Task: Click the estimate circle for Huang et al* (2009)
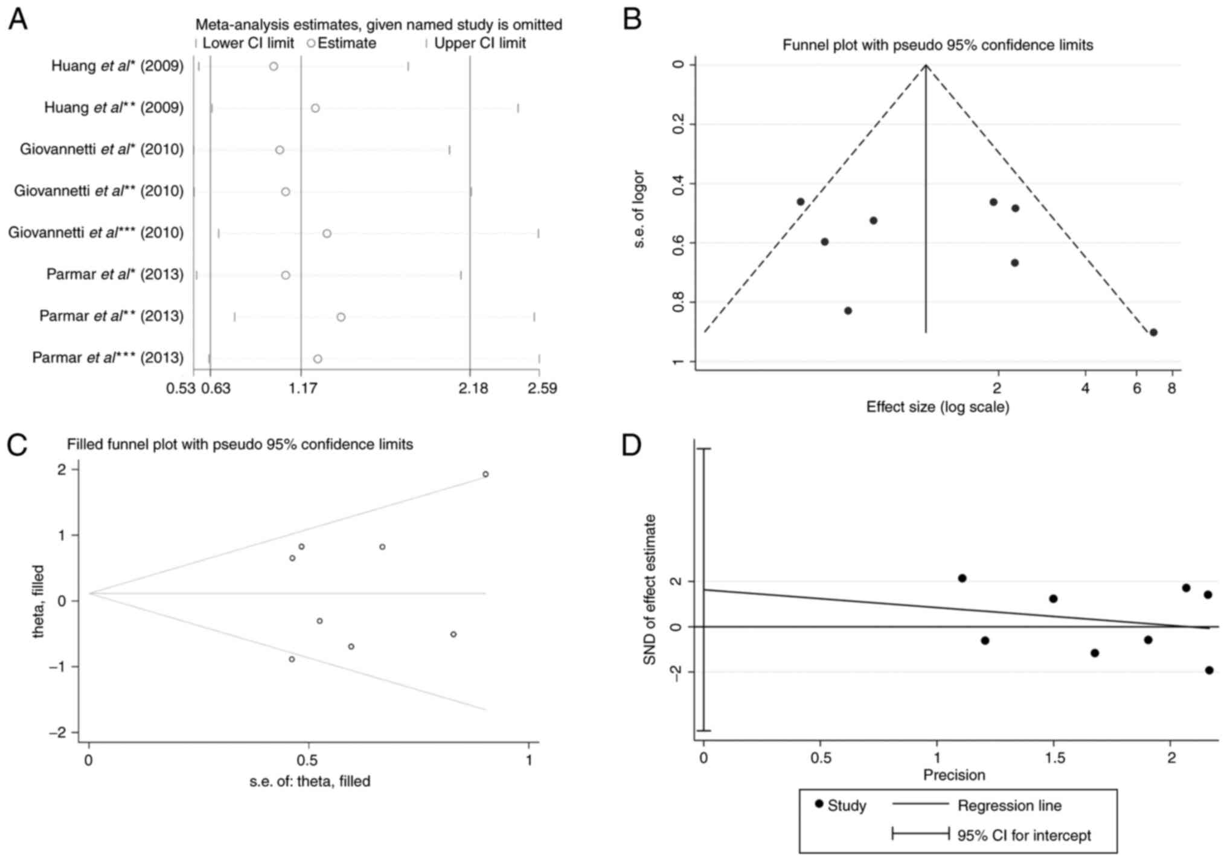coord(274,66)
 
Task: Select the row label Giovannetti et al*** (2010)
coord(95,233)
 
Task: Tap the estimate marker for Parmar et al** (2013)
coord(341,317)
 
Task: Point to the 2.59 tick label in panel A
coord(542,388)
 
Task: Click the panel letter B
coord(632,19)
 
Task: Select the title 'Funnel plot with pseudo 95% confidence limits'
coord(938,45)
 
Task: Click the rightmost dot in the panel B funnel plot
coord(1153,332)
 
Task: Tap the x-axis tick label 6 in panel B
coord(1137,388)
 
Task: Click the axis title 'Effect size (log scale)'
coord(938,407)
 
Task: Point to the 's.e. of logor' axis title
coord(639,210)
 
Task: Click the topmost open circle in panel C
coord(485,474)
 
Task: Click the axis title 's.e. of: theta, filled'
coord(310,781)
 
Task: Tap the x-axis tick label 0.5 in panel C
coord(309,760)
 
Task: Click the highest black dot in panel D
coord(962,578)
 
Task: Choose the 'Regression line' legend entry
coord(1009,805)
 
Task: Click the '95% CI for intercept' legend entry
coord(1024,836)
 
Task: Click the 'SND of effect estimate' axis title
coord(650,590)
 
